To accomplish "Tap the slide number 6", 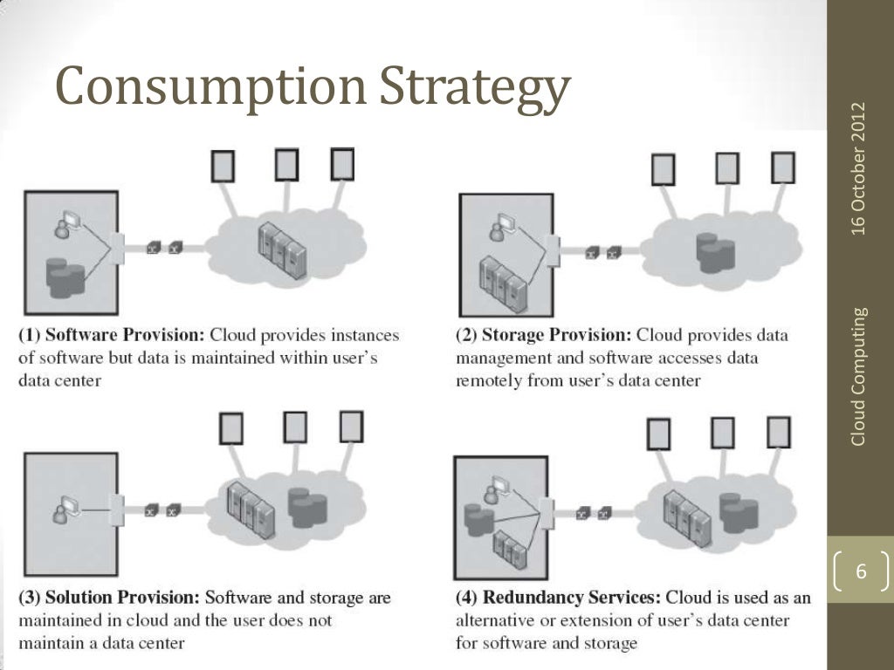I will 861,573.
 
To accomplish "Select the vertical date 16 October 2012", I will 860,168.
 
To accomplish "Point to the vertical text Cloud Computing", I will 860,376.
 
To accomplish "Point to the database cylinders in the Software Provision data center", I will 65,278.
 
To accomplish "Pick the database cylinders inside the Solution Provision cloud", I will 307,509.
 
